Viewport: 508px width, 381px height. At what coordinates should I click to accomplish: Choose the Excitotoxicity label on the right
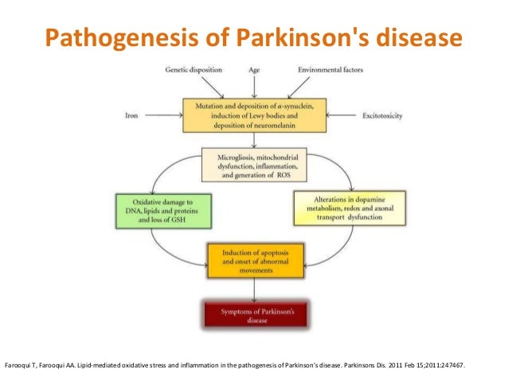coord(381,115)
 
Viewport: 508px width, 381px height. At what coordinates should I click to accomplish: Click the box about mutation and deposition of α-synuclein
coord(254,115)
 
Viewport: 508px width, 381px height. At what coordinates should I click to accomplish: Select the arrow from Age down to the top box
coord(254,86)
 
